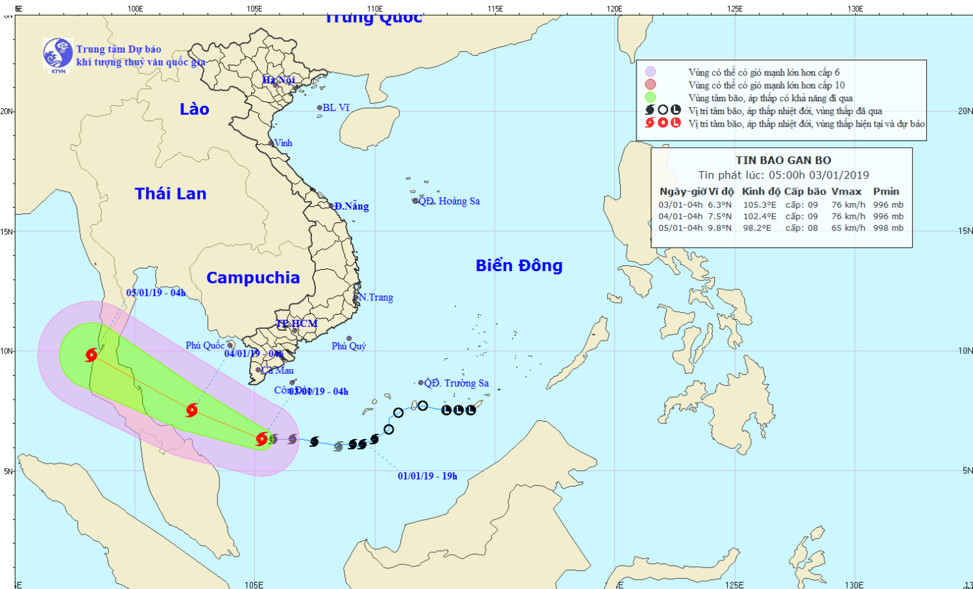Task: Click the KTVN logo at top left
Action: pyautogui.click(x=58, y=54)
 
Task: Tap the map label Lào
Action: pyautogui.click(x=195, y=109)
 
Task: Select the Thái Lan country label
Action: pyautogui.click(x=171, y=193)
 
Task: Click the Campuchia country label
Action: pyautogui.click(x=253, y=278)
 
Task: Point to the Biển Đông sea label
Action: pyautogui.click(x=519, y=265)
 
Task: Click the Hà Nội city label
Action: pyautogui.click(x=279, y=80)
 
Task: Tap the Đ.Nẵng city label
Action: pyautogui.click(x=352, y=206)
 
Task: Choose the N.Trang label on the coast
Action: pyautogui.click(x=376, y=297)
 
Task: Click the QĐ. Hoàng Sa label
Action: pyautogui.click(x=449, y=201)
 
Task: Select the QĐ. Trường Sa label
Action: pyautogui.click(x=457, y=383)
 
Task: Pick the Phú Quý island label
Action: pyautogui.click(x=349, y=346)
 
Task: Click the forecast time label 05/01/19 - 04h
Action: pyautogui.click(x=156, y=293)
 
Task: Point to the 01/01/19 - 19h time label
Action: pyautogui.click(x=427, y=476)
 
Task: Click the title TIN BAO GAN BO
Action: pyautogui.click(x=783, y=160)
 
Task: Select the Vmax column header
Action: pyautogui.click(x=847, y=191)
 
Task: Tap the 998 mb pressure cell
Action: pyautogui.click(x=888, y=228)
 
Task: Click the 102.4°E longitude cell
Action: pyautogui.click(x=760, y=217)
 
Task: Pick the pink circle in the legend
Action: pyautogui.click(x=651, y=84)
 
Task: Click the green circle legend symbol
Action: pyautogui.click(x=651, y=97)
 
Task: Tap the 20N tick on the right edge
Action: pyautogui.click(x=965, y=111)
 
